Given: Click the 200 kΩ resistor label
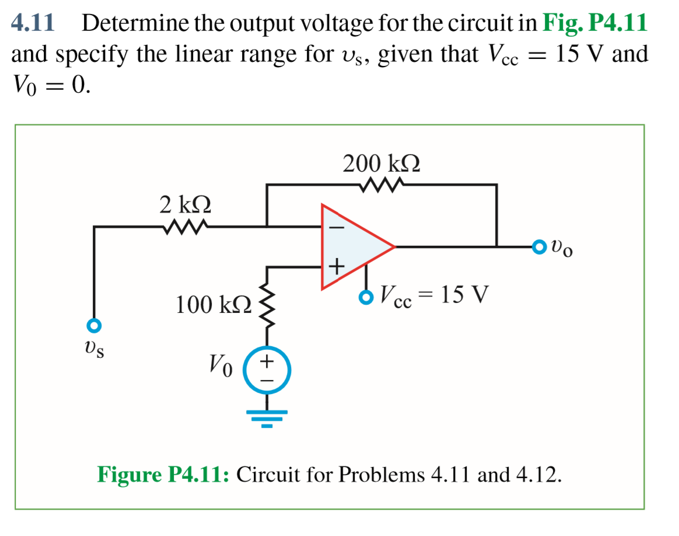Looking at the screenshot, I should coord(381,163).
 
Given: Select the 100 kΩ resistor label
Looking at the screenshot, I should coord(213,304).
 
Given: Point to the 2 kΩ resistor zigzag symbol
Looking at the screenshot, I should coord(185,227).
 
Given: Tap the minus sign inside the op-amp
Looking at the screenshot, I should coord(337,228).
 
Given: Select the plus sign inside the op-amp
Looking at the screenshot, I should coord(337,267).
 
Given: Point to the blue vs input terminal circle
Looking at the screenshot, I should coord(94,325).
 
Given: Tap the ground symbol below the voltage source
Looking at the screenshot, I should coord(267,417).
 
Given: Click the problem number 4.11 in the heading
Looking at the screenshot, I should coord(33,23).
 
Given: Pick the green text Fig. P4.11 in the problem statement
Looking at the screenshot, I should coord(594,23).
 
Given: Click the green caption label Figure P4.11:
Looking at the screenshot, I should coord(163,474).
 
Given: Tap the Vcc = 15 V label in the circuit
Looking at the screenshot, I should coord(432,295).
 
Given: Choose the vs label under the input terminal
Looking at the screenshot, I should coord(94,349).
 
